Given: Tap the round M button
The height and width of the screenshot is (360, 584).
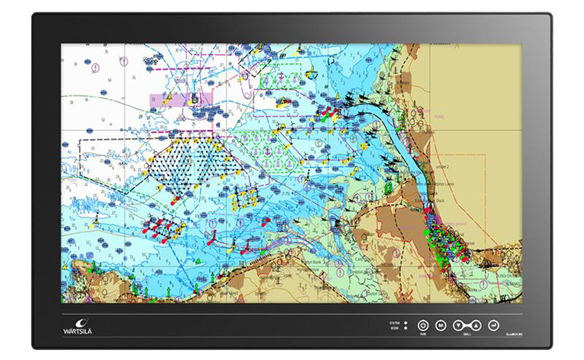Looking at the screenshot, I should pos(441,324).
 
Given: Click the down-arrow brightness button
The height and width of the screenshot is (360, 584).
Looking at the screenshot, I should pos(459,324).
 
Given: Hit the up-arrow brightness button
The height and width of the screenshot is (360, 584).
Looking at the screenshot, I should pos(476,324).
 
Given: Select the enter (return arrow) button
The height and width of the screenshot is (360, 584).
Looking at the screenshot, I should pos(494,324).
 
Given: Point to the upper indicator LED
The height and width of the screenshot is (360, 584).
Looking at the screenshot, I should pos(406,321).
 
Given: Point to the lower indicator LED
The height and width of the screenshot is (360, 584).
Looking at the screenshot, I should pos(406,327).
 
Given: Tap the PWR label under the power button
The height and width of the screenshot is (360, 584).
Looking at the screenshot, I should pos(424,334).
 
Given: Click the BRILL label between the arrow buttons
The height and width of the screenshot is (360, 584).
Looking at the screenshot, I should pos(467,334).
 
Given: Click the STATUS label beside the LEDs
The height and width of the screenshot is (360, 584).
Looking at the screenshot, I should pos(395,321).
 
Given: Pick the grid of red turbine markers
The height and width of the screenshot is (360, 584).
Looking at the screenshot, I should pos(160,227).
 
